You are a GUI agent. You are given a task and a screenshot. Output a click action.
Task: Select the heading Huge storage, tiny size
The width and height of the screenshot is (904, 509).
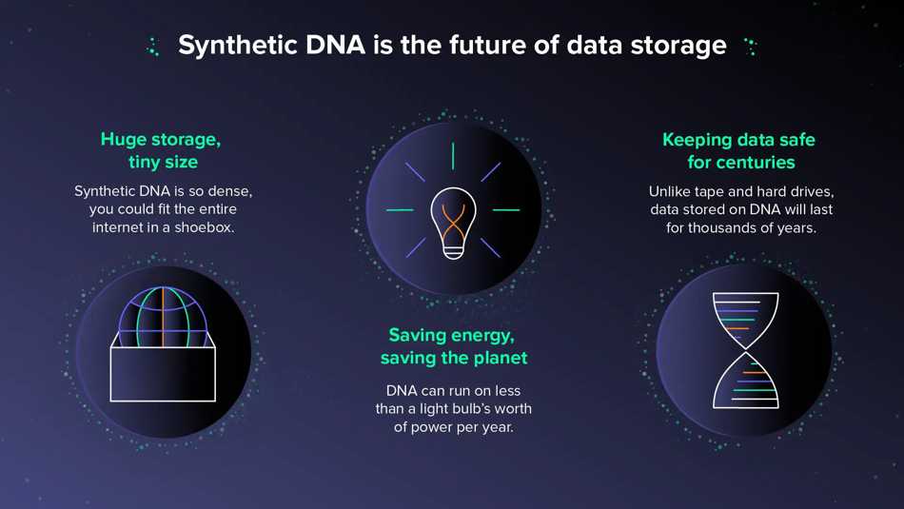point(162,150)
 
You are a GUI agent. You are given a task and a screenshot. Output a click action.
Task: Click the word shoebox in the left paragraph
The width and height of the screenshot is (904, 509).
point(204,227)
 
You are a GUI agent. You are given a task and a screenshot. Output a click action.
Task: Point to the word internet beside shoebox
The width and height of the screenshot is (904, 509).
point(118,227)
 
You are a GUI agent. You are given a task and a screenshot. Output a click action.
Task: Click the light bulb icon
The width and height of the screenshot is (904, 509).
point(453,223)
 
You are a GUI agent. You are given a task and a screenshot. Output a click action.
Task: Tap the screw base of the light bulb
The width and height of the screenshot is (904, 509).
point(453,251)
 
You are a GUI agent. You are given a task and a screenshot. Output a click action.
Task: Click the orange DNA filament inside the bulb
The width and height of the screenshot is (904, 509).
point(453,222)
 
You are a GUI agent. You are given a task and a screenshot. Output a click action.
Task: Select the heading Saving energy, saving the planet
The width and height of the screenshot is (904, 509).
point(454,346)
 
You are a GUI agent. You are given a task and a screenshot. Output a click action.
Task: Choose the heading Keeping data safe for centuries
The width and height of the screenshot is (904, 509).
point(739,151)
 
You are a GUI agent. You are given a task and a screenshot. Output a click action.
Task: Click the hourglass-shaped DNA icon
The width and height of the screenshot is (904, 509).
point(745,350)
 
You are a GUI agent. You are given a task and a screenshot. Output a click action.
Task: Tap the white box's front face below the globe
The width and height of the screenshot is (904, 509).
point(163,374)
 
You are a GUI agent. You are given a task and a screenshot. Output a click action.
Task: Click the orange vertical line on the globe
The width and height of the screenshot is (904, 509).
point(163,317)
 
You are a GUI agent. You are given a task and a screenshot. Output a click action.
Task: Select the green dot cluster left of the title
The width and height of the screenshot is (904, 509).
point(153,47)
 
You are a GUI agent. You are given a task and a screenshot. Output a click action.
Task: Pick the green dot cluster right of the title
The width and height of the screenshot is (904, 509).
point(751,46)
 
